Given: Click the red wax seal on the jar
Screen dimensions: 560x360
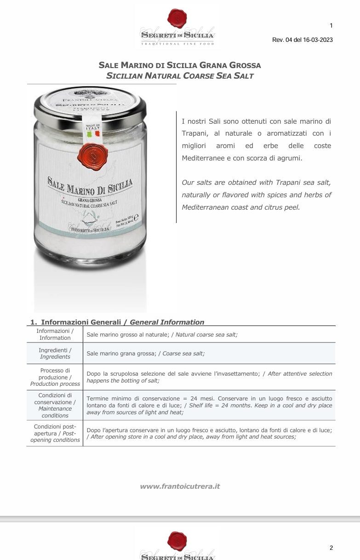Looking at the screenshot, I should pos(92,157).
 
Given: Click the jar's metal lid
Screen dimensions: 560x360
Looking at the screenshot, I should pos(90,103).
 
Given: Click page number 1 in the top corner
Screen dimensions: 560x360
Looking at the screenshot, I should pos(331,26).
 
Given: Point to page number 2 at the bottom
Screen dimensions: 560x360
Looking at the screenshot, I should pos(331,548).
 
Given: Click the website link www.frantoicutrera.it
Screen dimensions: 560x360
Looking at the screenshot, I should pos(180,486).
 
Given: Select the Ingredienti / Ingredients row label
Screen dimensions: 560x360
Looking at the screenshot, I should pos(55,353).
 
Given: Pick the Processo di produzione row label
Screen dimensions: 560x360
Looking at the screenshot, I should pos(55,377).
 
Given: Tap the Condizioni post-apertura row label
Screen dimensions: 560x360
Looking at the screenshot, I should pos(55,433).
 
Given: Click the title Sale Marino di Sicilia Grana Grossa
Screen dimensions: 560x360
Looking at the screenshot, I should pos(180,65).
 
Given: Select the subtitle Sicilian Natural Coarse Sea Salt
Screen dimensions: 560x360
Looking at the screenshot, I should pos(180,76).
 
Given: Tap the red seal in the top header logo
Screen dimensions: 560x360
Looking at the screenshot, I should pos(177,18).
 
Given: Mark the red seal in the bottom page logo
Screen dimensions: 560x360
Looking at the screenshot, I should pos(177,541).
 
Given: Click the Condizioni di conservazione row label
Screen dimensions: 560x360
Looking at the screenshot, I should pos(55,405).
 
